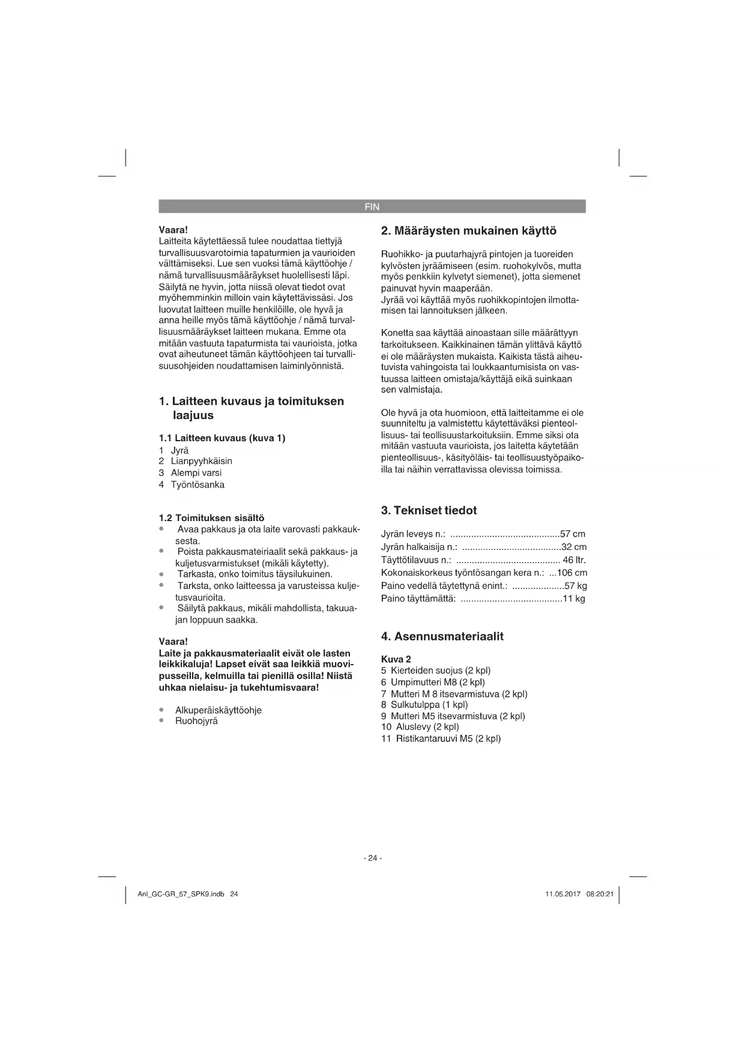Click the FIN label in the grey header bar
[372, 207]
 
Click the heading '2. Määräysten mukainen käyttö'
[469, 231]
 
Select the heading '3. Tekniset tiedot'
[429, 510]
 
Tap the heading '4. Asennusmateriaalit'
[442, 636]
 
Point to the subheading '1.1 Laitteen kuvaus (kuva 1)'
[222, 438]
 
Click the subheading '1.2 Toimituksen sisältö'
[211, 517]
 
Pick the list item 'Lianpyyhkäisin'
[201, 461]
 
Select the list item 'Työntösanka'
[198, 484]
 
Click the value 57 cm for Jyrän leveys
[573, 534]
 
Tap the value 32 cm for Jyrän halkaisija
[574, 547]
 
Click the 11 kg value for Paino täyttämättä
[574, 599]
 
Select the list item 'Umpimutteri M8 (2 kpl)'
[438, 682]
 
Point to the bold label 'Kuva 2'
[396, 659]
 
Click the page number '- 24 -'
[372, 858]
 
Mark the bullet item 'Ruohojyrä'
[196, 721]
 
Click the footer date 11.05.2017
[563, 894]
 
